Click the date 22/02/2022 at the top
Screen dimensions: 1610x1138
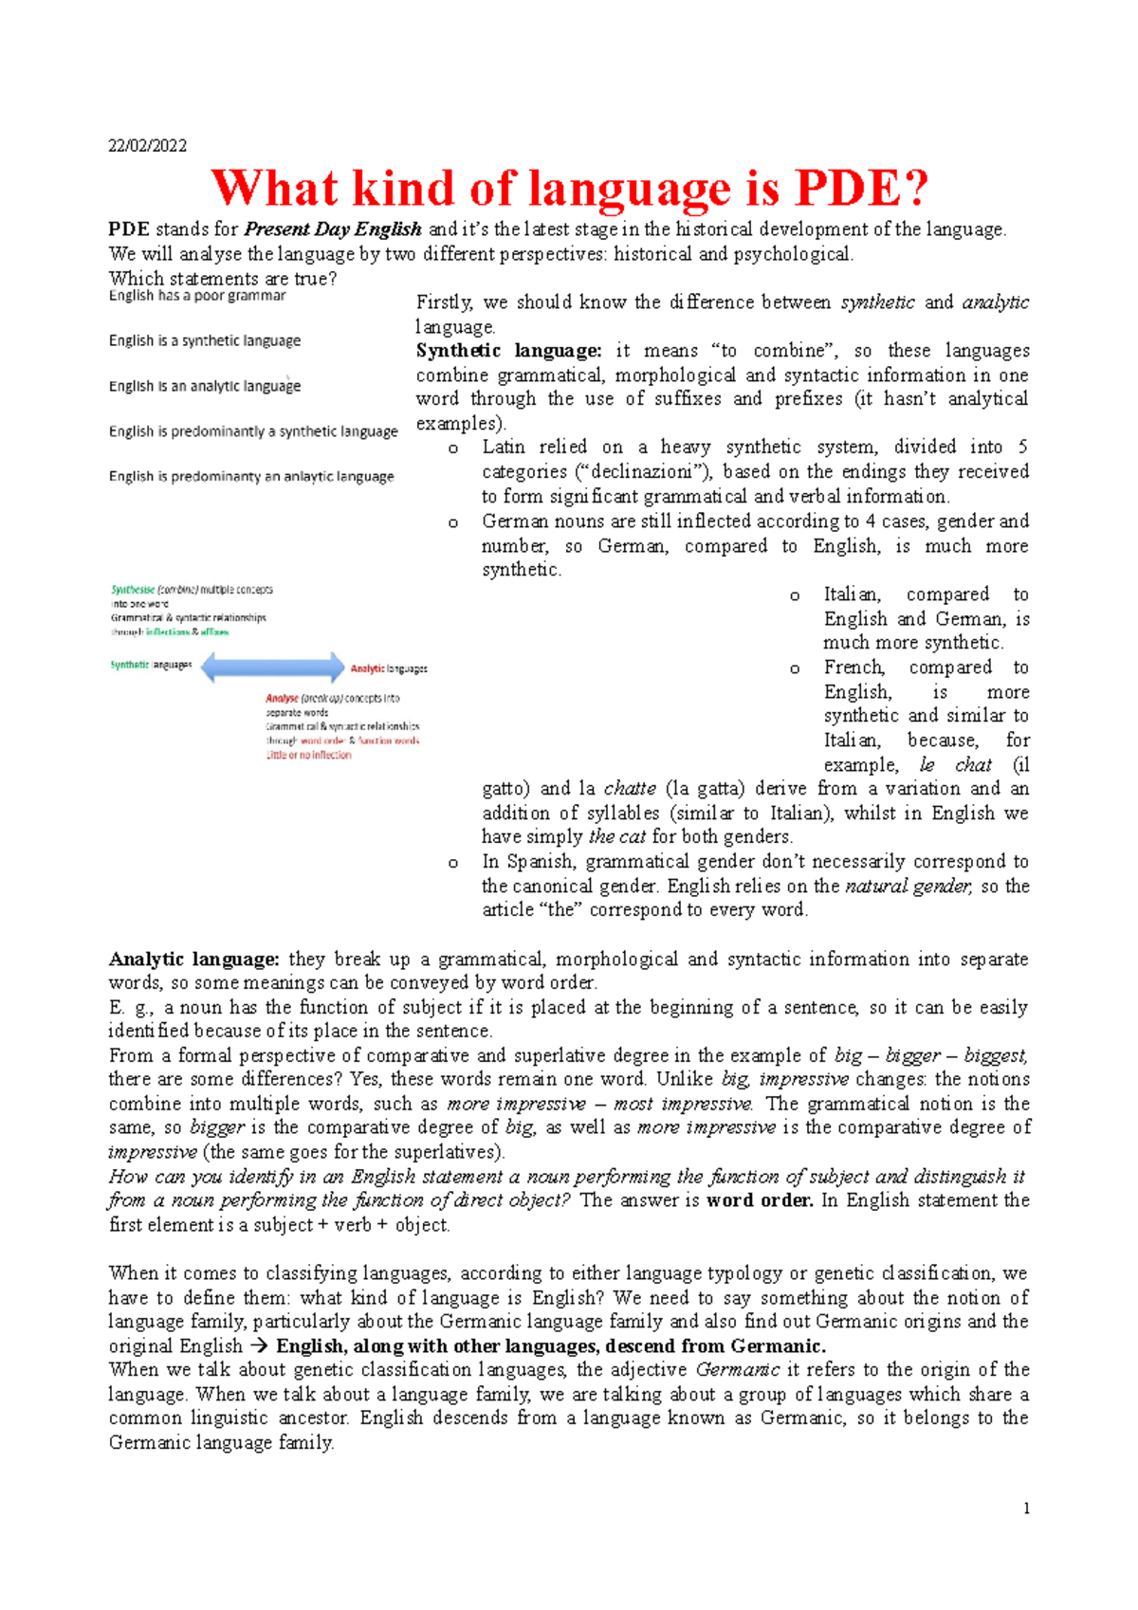pos(147,145)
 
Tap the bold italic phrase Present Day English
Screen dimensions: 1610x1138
pos(333,229)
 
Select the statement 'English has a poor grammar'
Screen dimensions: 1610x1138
pos(197,296)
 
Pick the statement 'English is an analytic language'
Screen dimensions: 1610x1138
pos(205,386)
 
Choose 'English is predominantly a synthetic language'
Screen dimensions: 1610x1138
pos(253,431)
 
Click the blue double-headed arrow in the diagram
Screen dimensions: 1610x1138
pos(272,667)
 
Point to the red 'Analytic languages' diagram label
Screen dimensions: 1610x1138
pos(389,668)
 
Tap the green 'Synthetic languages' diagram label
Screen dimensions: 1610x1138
pos(151,665)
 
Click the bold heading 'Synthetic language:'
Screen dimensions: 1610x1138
pos(508,351)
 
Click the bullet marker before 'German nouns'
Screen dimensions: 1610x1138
pos(453,522)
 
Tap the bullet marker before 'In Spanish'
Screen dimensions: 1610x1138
pos(453,863)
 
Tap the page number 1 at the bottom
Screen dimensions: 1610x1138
pos(1026,1509)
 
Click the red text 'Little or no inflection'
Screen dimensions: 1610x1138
pos(308,756)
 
